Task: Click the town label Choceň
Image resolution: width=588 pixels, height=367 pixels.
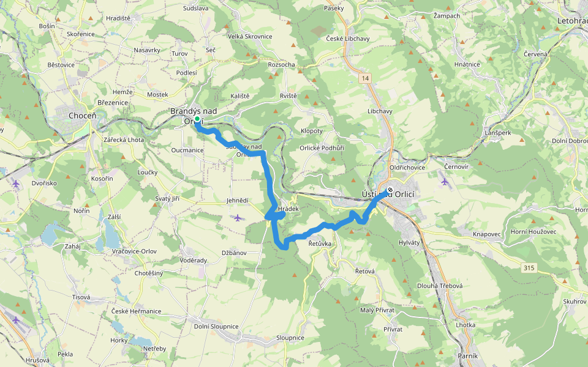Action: (81, 115)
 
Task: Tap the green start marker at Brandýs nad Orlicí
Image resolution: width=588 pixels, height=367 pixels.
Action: (197, 120)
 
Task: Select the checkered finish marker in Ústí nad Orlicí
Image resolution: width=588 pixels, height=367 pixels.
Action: (390, 189)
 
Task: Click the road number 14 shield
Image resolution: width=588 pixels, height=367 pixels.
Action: (366, 78)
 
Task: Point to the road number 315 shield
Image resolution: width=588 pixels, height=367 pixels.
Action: (530, 267)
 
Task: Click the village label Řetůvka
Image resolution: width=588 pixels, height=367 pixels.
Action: (320, 243)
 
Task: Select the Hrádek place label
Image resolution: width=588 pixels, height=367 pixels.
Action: (288, 209)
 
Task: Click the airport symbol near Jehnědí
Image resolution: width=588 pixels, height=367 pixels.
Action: (238, 217)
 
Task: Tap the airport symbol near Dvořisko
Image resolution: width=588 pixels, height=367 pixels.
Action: (16, 183)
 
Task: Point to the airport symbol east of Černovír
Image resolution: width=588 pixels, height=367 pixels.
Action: (445, 180)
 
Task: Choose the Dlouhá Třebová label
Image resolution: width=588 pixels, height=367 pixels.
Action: (440, 286)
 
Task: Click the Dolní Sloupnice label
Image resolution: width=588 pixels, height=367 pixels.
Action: (216, 326)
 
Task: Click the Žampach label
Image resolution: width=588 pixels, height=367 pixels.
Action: (447, 15)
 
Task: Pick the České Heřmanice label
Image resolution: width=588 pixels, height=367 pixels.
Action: (136, 311)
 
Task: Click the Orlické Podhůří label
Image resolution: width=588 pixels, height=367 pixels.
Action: (322, 147)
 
